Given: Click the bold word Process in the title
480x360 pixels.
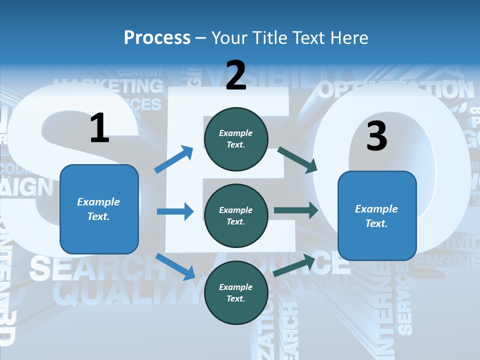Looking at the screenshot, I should (157, 38).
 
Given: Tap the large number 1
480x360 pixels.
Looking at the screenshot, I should (99, 128).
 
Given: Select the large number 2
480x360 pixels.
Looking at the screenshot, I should (236, 75).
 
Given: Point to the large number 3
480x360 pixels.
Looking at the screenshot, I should (376, 136).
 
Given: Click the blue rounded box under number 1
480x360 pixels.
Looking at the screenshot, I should (99, 209).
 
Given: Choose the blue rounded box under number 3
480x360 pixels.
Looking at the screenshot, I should (377, 215).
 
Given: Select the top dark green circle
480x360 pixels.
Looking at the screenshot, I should (236, 139).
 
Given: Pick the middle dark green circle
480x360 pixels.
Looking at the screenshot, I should (236, 215).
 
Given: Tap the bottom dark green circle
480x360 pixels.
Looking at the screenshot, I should (236, 292).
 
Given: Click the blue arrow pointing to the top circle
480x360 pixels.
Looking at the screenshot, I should (174, 159).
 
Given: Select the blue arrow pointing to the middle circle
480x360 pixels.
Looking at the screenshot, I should (175, 211).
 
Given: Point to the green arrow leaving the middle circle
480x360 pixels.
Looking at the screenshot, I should (295, 210).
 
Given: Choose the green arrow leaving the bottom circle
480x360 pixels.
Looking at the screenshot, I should (294, 265).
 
